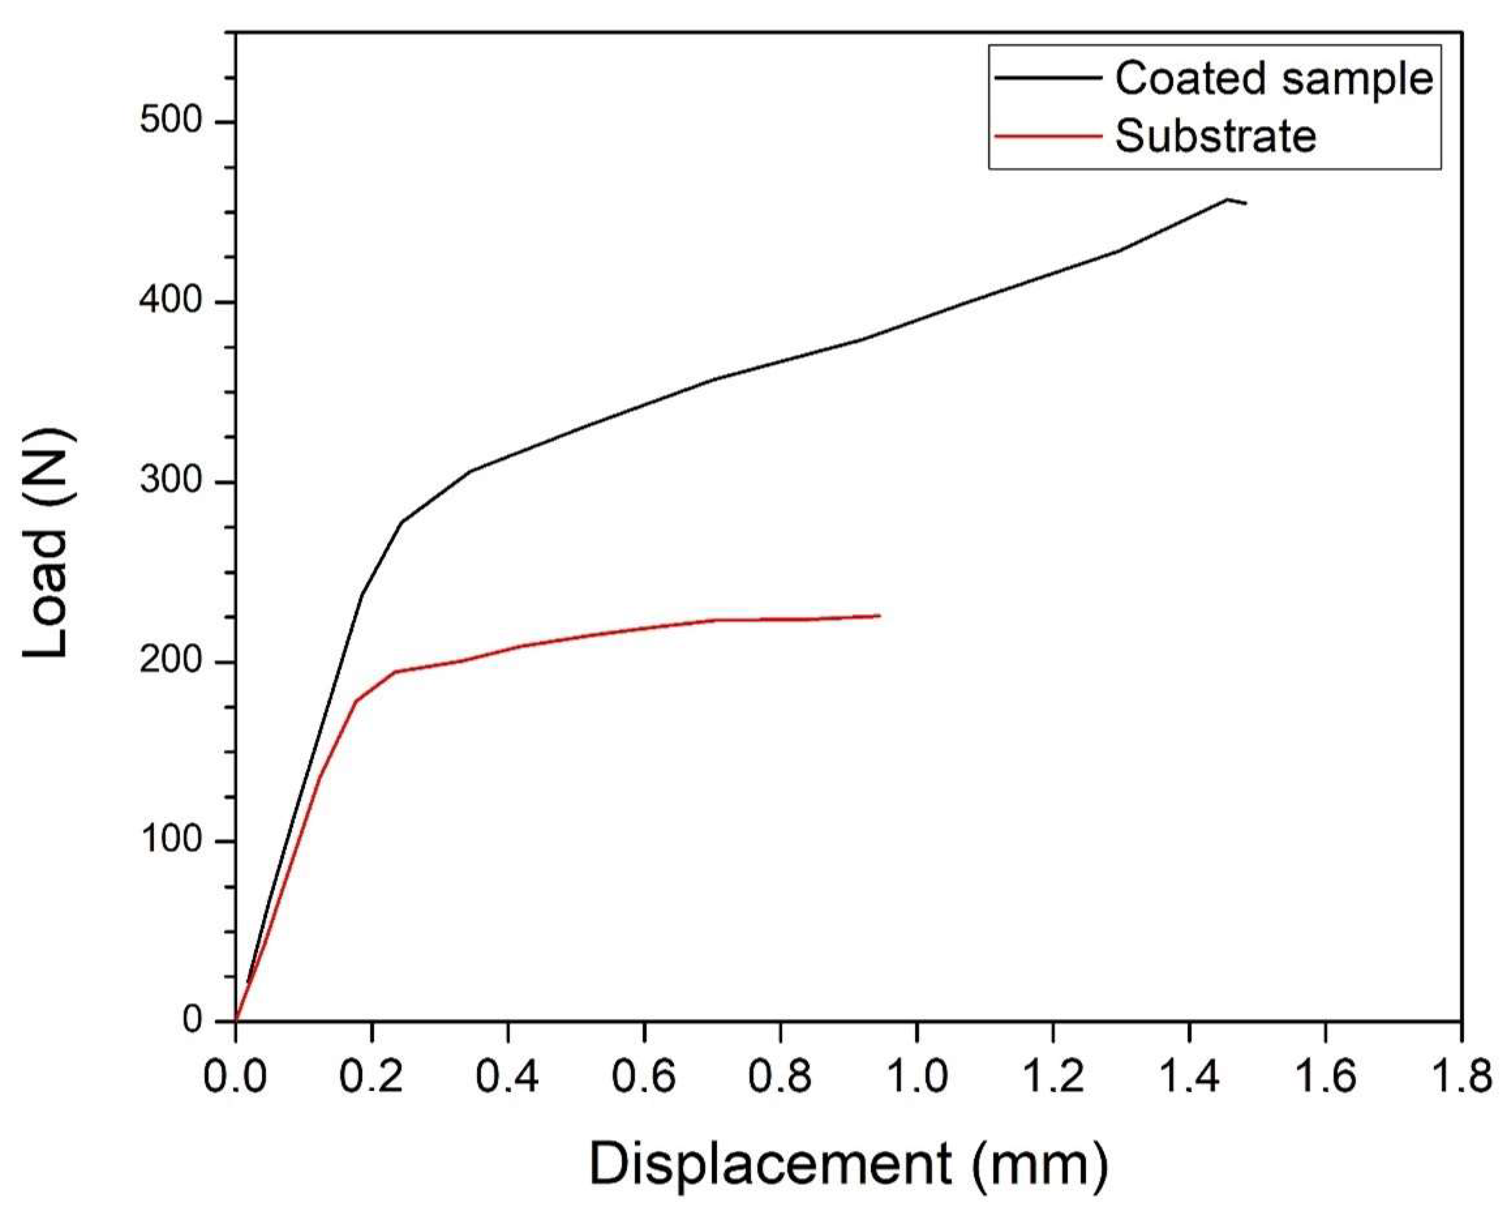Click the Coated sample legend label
point(1274,78)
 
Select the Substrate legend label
point(1215,135)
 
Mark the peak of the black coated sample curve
point(1227,200)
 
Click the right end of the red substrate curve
point(879,616)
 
